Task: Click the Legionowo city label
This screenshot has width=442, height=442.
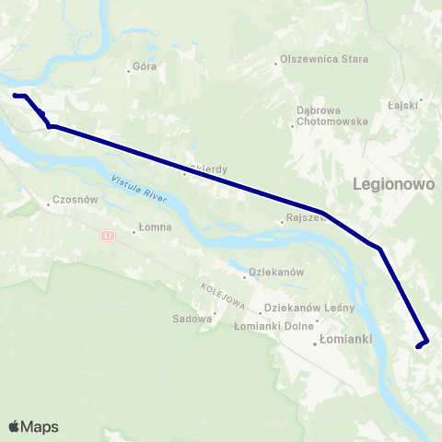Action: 393,184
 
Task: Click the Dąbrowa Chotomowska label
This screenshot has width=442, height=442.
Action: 332,116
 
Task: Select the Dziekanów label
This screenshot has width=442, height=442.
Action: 277,273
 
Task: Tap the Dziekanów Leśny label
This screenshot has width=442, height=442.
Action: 303,308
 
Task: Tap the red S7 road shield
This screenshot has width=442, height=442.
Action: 109,236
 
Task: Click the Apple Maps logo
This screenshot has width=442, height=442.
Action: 33,426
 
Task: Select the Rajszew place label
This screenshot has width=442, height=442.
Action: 307,219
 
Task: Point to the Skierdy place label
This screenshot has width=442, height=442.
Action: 208,169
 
